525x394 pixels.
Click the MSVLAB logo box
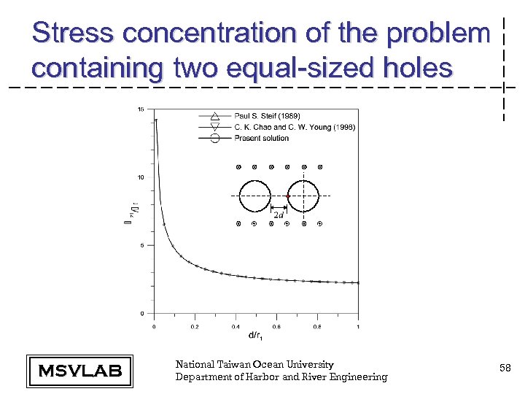[79, 371]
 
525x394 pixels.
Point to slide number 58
[505, 370]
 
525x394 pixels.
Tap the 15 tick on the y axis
[140, 109]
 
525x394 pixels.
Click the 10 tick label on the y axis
[140, 177]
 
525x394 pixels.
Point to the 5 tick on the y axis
[141, 246]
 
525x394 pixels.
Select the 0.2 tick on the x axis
[195, 327]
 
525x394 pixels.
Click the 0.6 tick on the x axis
[276, 327]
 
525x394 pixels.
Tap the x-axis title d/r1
[256, 336]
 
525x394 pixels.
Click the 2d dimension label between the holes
[279, 215]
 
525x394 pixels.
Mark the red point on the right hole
[288, 196]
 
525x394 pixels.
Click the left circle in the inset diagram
[254, 196]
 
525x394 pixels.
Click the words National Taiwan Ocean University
[254, 364]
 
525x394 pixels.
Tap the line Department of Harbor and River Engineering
[281, 376]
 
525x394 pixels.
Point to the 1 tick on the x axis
[358, 327]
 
